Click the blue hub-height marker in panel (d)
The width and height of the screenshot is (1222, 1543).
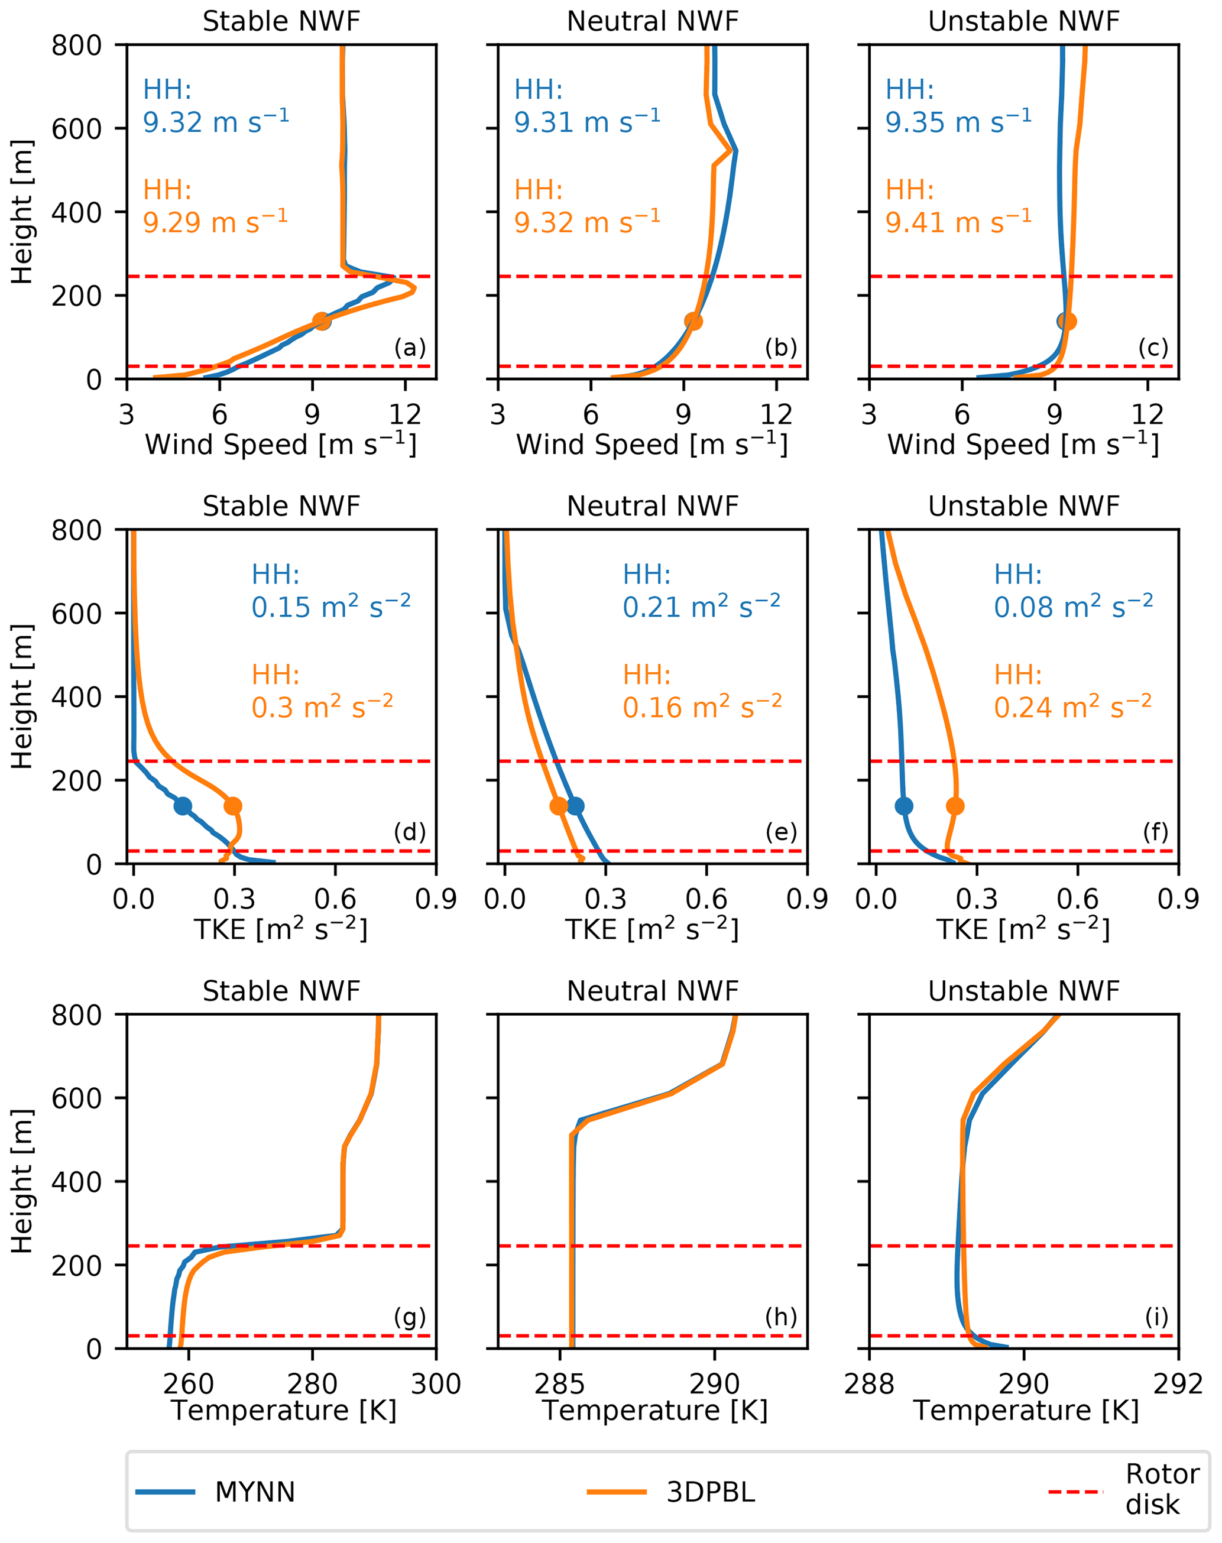(x=183, y=805)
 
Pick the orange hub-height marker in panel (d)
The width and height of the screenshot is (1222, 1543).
(x=232, y=805)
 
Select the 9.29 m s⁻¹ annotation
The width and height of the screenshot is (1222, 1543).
(x=215, y=222)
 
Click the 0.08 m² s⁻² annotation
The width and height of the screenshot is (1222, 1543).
(x=1073, y=607)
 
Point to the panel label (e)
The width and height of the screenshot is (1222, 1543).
(x=780, y=832)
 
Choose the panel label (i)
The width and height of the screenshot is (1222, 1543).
(x=1156, y=1316)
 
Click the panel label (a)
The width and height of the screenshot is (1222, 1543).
(x=410, y=348)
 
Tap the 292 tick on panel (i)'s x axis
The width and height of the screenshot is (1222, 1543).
(x=1178, y=1383)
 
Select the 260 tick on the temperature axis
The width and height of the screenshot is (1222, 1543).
(x=188, y=1383)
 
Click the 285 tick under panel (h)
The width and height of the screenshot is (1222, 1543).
(x=559, y=1383)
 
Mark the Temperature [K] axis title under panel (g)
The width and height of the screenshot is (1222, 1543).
(x=283, y=1411)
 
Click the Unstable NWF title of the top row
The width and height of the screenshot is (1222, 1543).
(x=1023, y=21)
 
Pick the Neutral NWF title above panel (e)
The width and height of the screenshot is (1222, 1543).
(x=653, y=505)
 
